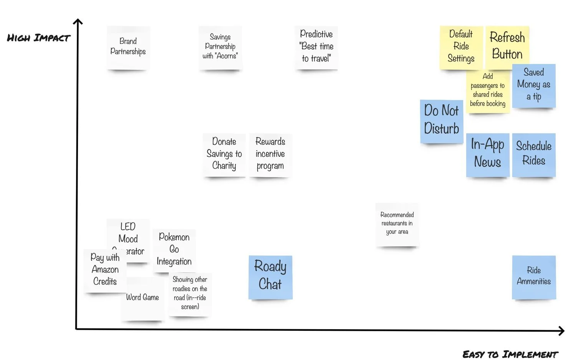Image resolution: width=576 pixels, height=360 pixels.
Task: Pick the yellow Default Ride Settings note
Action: (461, 47)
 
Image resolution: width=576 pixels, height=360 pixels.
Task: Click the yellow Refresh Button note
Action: (507, 45)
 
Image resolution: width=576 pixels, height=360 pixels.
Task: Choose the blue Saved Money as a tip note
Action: (534, 85)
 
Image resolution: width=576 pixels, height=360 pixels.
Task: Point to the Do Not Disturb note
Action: (442, 120)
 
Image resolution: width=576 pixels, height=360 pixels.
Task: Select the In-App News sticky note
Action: (487, 154)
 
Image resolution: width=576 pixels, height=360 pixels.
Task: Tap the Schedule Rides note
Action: (534, 154)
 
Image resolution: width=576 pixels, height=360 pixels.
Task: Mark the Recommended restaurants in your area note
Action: (397, 224)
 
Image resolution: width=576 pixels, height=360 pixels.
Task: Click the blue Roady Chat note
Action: (270, 276)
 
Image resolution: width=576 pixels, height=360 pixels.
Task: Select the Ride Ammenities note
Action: (534, 276)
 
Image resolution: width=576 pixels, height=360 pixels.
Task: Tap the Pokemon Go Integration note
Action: (174, 250)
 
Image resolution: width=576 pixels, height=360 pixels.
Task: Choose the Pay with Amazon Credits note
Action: (104, 270)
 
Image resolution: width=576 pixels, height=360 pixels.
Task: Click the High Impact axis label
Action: (39, 38)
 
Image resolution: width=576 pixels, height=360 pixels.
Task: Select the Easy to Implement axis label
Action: (510, 354)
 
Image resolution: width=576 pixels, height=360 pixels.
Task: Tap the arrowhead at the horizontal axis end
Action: (561, 330)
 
